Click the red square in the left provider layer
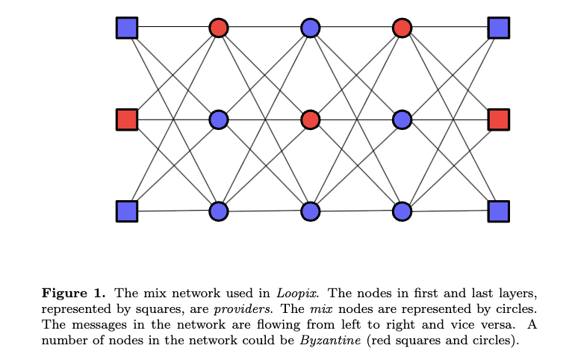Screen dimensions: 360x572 pos(127,120)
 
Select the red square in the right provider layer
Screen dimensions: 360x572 pos(498,120)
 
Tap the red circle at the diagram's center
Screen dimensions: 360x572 pos(311,120)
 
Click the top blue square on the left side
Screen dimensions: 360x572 pos(127,28)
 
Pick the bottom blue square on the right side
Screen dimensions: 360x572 pos(498,211)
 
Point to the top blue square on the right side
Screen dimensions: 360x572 pos(498,28)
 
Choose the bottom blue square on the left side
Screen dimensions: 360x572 pos(127,211)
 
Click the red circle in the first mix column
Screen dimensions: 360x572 pos(219,28)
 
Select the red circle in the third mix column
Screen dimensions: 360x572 pos(402,28)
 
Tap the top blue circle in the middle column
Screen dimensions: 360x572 pos(311,28)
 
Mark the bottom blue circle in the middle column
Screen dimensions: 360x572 pos(311,211)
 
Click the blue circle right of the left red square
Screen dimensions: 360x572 pos(219,120)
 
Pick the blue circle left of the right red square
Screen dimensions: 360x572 pos(402,120)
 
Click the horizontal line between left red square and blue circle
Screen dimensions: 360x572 pos(172,120)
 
